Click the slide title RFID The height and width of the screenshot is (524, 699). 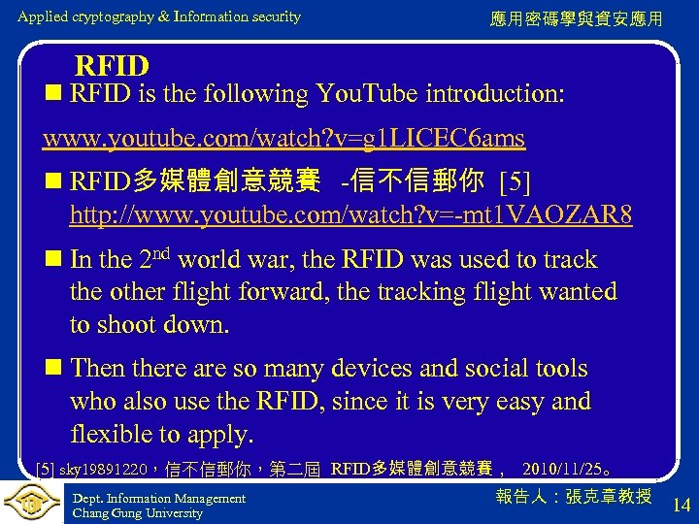[112, 66]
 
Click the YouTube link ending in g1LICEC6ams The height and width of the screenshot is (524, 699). [283, 139]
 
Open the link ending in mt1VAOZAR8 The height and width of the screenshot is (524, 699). [350, 214]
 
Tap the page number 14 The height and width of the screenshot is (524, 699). [681, 504]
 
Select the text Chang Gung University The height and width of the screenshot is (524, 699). [138, 513]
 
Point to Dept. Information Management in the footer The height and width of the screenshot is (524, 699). [159, 498]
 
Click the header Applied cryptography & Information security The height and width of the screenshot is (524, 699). [159, 16]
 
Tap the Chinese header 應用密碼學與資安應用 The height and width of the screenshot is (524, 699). [578, 18]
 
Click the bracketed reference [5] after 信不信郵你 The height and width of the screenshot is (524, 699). [514, 181]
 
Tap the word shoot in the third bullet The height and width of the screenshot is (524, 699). [129, 324]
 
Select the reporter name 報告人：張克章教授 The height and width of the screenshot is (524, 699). [573, 497]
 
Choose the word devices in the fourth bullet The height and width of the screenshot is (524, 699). [374, 369]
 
